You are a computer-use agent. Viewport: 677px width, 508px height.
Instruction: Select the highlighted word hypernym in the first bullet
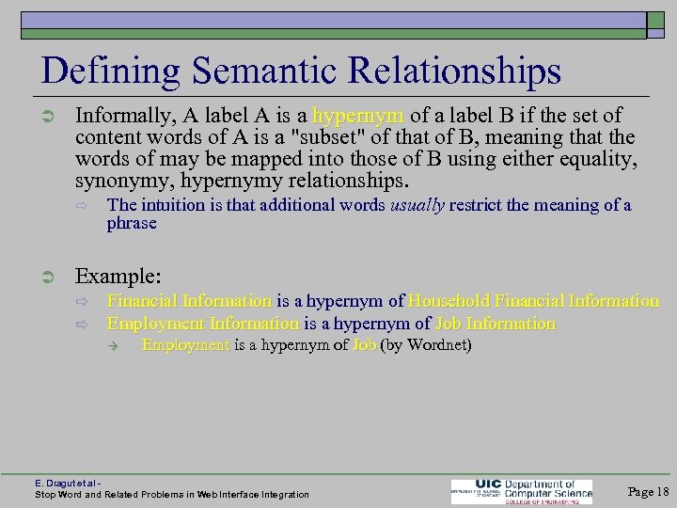pos(358,116)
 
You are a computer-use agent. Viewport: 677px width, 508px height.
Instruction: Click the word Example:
pos(118,277)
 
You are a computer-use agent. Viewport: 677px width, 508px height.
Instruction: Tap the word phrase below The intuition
pos(131,224)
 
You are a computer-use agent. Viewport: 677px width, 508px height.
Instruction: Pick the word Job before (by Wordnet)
pos(364,345)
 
